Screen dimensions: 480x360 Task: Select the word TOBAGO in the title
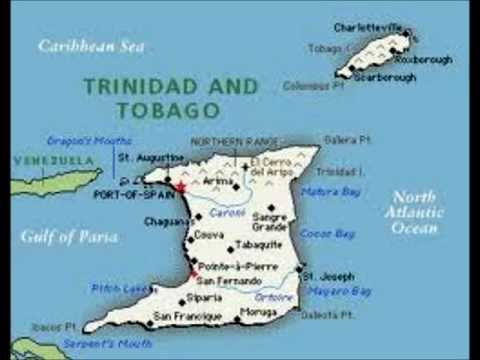167,109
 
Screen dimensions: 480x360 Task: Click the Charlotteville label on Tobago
369,28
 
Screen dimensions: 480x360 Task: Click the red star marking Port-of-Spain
180,187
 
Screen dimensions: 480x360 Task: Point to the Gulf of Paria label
68,237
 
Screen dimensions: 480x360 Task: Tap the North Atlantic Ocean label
414,212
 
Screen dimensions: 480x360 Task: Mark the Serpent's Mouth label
107,343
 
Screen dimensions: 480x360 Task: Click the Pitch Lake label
122,287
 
